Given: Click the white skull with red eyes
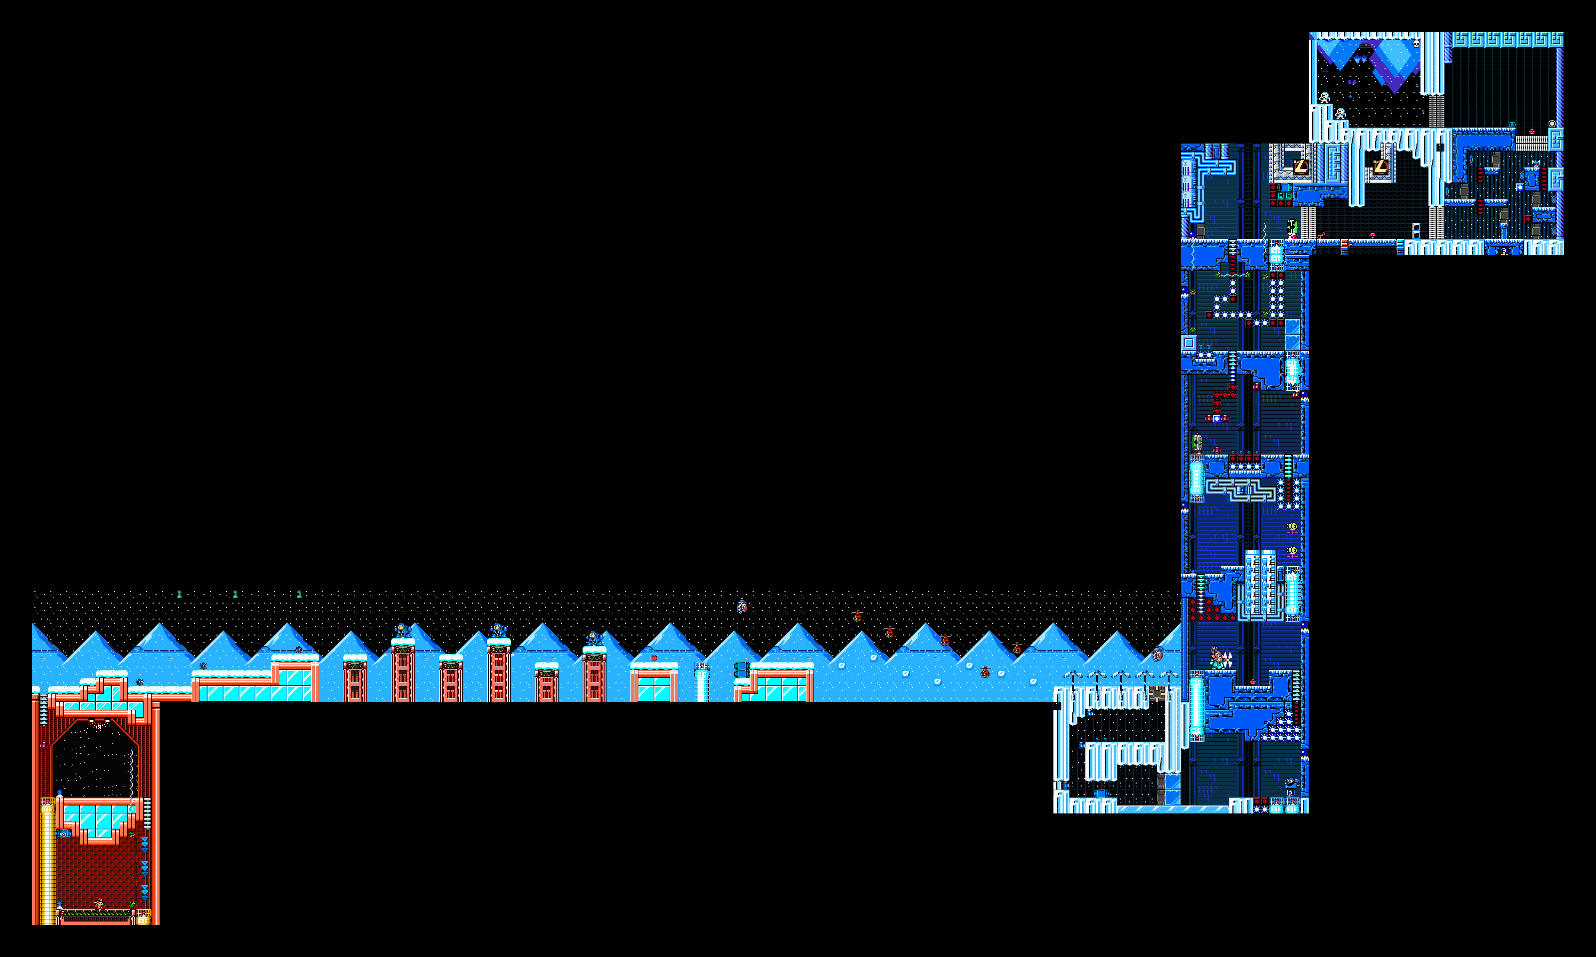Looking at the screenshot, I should [1416, 44].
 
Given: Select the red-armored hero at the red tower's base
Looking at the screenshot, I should [99, 904].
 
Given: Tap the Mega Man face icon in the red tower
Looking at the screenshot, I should [63, 834].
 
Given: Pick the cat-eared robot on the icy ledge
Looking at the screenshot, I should [1535, 164].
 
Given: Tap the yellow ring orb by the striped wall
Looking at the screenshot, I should [1552, 123].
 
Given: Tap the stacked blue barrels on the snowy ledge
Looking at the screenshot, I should [741, 669].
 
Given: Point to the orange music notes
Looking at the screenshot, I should [1321, 235].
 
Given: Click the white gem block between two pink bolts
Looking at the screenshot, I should [1216, 419].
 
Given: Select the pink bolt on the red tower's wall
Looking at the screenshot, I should [44, 746].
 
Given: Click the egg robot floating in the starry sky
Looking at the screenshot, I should [743, 606].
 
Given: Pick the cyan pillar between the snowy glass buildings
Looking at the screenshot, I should [702, 682].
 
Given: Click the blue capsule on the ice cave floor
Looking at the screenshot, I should [1101, 793].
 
